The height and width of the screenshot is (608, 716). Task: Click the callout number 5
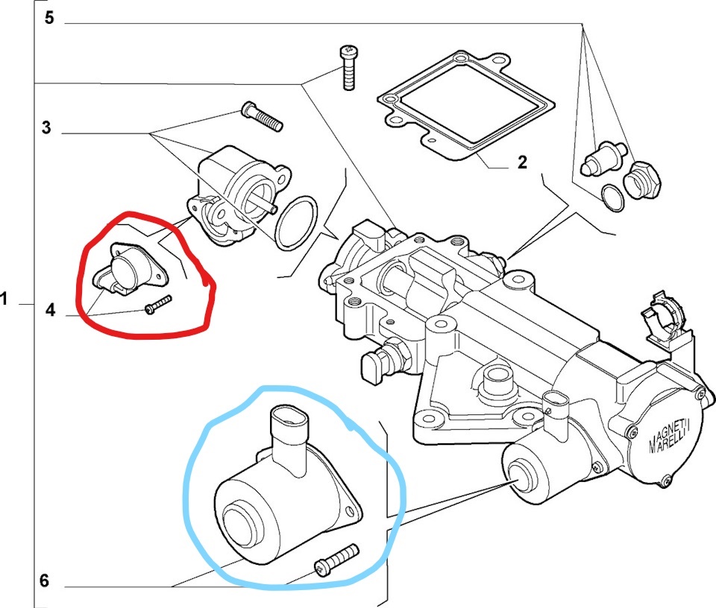(49, 18)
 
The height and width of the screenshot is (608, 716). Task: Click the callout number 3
(46, 127)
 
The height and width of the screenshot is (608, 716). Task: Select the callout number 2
(522, 162)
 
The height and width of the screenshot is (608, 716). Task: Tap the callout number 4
(50, 310)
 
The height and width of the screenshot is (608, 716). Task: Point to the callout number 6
(44, 580)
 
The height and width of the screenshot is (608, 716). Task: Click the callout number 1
(4, 300)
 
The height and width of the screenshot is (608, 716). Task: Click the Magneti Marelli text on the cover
(670, 437)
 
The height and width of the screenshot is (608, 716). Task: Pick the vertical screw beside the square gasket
(348, 68)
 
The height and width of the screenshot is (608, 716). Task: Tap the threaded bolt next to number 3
(262, 115)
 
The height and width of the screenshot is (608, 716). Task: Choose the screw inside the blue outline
(336, 560)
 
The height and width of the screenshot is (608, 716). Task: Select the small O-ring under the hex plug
(613, 197)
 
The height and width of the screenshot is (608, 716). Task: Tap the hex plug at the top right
(642, 180)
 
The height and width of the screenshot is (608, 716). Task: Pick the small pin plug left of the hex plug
(603, 159)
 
